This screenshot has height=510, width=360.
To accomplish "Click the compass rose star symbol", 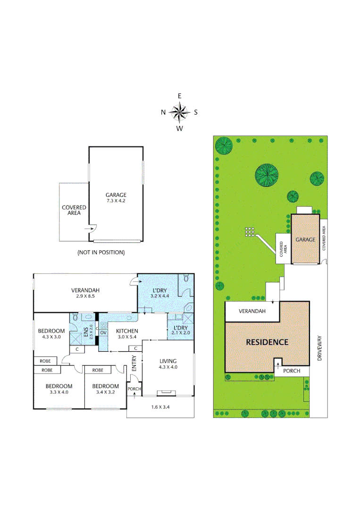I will point(179,112).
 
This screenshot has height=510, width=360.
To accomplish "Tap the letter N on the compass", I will point(163,112).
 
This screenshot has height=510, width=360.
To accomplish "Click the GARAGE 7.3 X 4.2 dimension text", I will point(116,201).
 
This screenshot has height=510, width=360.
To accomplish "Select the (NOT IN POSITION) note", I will point(101,253).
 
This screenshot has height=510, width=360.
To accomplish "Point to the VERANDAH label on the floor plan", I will point(85,290).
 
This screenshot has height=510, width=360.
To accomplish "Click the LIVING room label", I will point(167,361).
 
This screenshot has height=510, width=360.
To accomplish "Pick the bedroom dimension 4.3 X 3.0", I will point(51,337).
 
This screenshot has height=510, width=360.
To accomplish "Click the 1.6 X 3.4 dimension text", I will point(160,407).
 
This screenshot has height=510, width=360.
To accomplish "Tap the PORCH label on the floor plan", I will point(134,389).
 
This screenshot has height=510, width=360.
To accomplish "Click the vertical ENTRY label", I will point(134,363).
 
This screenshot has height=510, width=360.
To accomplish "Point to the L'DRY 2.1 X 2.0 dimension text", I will point(181,333).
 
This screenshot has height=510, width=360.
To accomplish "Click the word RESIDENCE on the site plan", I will point(267,342).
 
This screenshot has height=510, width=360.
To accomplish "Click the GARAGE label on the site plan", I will point(305,239).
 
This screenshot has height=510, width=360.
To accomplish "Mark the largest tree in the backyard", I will point(267,175).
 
